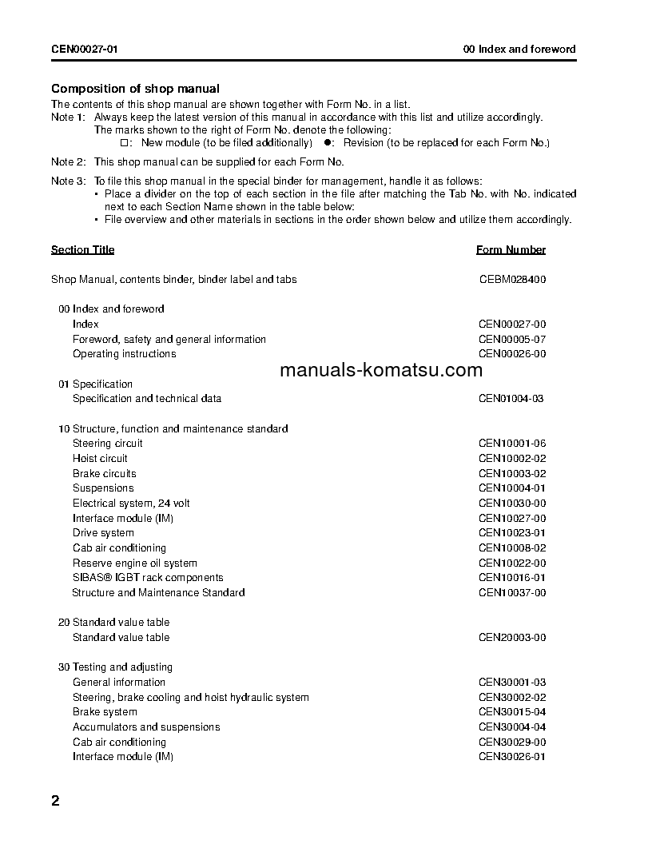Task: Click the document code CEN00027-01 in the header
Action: click(x=85, y=49)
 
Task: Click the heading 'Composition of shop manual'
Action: click(x=135, y=89)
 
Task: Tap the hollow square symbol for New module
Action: click(x=124, y=143)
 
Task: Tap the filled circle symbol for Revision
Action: click(x=327, y=143)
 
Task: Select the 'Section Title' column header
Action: click(x=82, y=249)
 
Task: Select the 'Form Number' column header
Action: click(x=511, y=249)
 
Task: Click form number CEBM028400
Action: click(x=512, y=279)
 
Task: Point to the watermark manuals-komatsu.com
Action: click(x=382, y=370)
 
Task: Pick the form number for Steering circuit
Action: click(x=512, y=444)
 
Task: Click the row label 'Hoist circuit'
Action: click(x=100, y=458)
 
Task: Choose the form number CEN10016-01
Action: click(x=512, y=578)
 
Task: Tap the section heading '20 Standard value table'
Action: click(x=113, y=622)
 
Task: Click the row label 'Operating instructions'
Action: click(x=124, y=353)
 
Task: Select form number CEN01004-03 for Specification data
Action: click(x=512, y=398)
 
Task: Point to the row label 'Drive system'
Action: click(x=103, y=533)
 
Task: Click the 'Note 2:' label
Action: click(x=68, y=161)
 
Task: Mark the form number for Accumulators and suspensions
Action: click(x=512, y=727)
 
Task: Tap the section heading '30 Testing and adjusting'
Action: click(x=115, y=667)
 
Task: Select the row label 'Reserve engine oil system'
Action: click(x=134, y=563)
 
